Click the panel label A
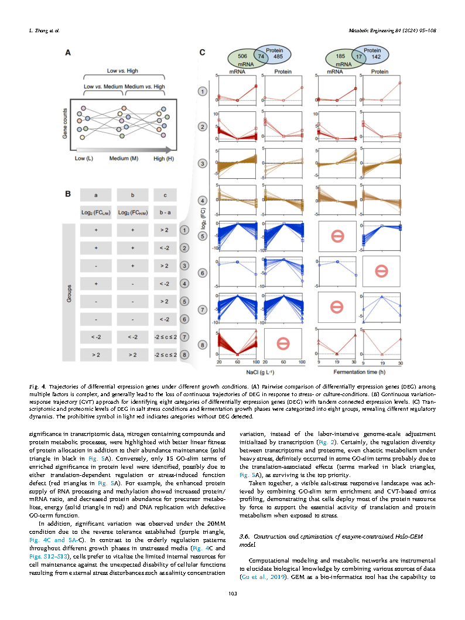coord(67,53)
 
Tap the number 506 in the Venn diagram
coord(241,57)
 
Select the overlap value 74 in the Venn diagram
coord(262,57)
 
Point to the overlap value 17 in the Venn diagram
coord(358,57)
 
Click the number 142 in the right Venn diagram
coord(377,57)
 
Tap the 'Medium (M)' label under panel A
coord(123,159)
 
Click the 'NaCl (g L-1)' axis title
coord(262,372)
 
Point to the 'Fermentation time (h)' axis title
coord(357,372)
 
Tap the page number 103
coord(232,595)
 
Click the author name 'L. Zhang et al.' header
coord(45,29)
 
